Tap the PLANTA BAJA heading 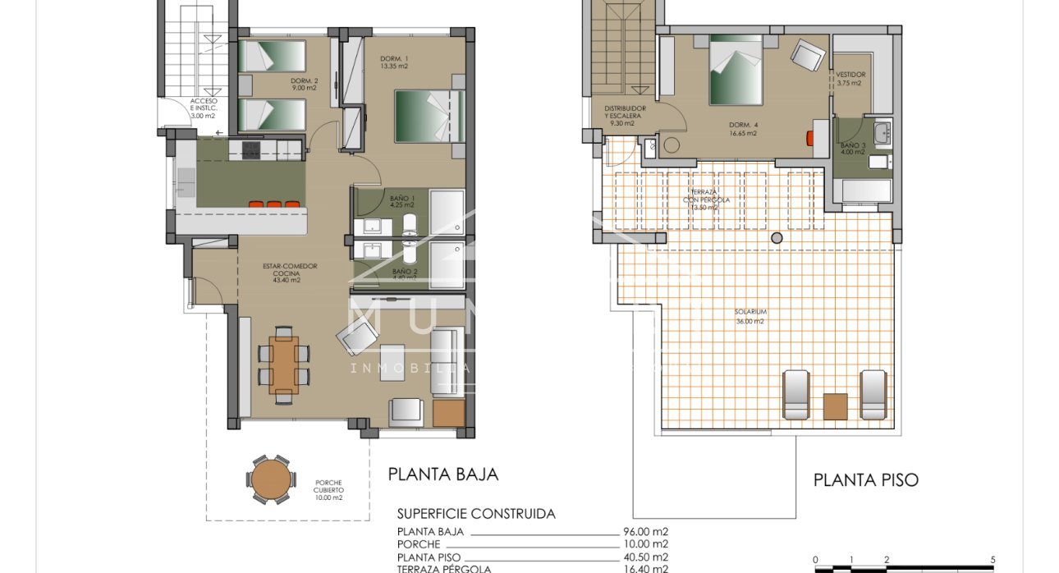442,474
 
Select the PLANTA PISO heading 865,480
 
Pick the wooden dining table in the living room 284,365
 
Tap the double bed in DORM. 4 736,70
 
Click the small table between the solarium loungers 834,406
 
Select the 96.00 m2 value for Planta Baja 645,531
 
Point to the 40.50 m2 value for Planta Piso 645,556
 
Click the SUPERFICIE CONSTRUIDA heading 476,514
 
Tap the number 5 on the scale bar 993,560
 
